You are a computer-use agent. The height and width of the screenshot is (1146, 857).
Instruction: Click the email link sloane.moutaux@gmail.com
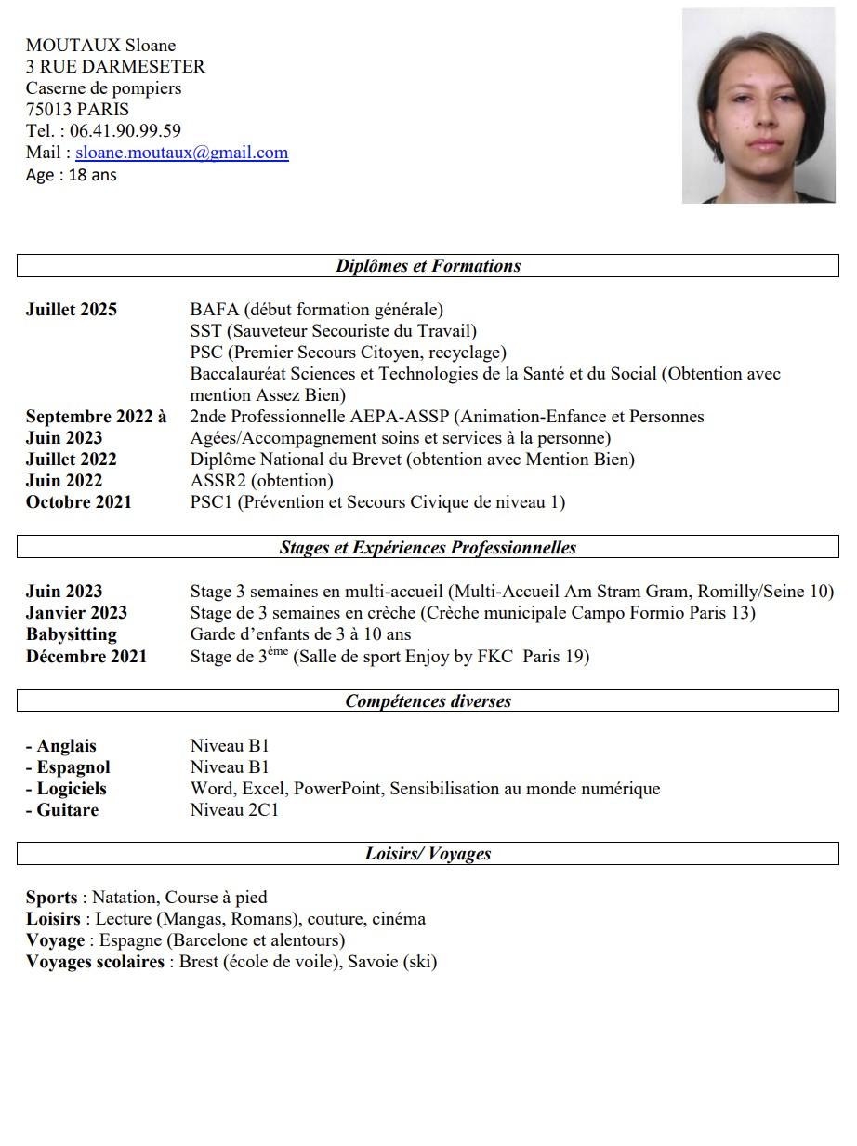click(182, 153)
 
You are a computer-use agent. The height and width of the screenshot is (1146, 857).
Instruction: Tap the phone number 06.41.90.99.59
click(125, 131)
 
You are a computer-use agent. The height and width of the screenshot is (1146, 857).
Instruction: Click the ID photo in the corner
click(758, 106)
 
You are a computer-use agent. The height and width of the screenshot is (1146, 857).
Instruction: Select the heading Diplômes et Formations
click(428, 266)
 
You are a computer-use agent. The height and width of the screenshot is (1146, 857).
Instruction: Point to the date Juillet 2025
click(72, 310)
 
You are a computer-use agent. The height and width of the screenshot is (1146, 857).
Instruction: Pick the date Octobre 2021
click(79, 502)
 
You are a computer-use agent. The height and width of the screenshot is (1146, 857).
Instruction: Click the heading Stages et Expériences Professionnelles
click(428, 548)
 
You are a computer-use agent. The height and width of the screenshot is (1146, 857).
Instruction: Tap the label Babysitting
click(72, 634)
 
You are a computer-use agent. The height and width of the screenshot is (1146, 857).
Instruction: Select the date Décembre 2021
click(86, 657)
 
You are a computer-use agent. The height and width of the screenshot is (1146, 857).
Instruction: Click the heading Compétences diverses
click(428, 701)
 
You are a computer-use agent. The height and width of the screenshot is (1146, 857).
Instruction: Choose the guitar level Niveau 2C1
click(234, 810)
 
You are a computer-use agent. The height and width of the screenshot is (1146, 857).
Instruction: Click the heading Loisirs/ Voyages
click(428, 854)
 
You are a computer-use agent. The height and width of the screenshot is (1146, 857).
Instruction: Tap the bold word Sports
click(52, 898)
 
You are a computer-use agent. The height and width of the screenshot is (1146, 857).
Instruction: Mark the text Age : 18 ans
click(72, 175)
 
